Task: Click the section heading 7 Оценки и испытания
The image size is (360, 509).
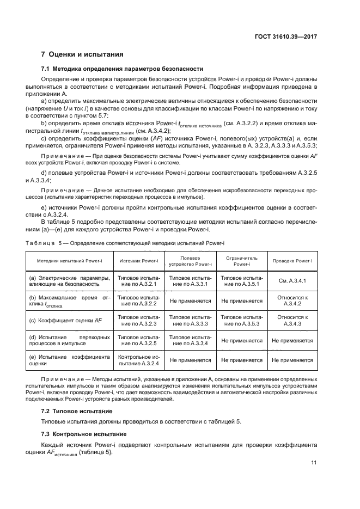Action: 82,54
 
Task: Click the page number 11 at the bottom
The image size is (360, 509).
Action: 314,463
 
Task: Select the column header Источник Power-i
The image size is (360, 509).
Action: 138,261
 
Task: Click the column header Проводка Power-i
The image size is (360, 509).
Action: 292,261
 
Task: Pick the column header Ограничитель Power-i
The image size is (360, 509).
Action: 241,261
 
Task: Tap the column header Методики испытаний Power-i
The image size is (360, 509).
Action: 69,261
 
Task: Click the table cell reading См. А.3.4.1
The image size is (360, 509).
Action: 292,281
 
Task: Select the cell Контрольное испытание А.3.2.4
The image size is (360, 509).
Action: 138,360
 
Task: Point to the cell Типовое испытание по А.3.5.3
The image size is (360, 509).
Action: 241,321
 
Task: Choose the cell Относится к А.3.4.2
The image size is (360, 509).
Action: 292,301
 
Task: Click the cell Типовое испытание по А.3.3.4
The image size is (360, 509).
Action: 190,340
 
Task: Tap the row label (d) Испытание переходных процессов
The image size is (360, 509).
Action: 69,340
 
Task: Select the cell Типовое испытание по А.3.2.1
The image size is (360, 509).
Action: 138,281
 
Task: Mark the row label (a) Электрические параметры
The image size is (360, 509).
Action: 69,281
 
